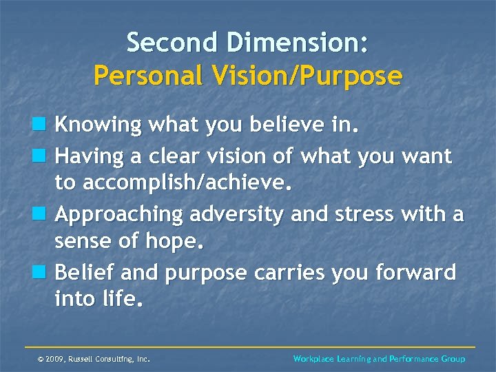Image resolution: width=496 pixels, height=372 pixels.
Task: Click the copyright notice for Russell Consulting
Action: [x=94, y=359]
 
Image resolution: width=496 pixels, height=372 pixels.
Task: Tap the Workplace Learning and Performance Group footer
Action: [x=379, y=359]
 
